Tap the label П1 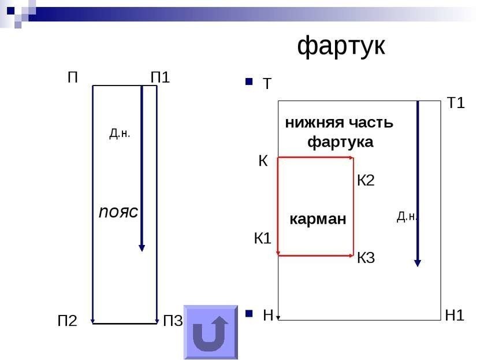pyautogui.click(x=160, y=77)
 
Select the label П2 pyautogui.click(x=68, y=321)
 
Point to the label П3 pyautogui.click(x=173, y=321)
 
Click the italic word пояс pyautogui.click(x=118, y=212)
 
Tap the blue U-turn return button pyautogui.click(x=211, y=332)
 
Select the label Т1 pyautogui.click(x=456, y=103)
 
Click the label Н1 pyautogui.click(x=454, y=316)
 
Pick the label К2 pyautogui.click(x=366, y=180)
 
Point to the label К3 pyautogui.click(x=366, y=258)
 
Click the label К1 pyautogui.click(x=263, y=238)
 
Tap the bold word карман pyautogui.click(x=318, y=219)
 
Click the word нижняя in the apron pyautogui.click(x=314, y=123)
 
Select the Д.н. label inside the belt pyautogui.click(x=120, y=133)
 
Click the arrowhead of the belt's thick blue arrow pyautogui.click(x=142, y=248)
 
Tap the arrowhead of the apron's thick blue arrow pyautogui.click(x=418, y=263)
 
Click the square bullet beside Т pyautogui.click(x=249, y=81)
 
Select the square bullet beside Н pyautogui.click(x=249, y=313)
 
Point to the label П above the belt pyautogui.click(x=73, y=77)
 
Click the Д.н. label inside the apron pyautogui.click(x=407, y=217)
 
